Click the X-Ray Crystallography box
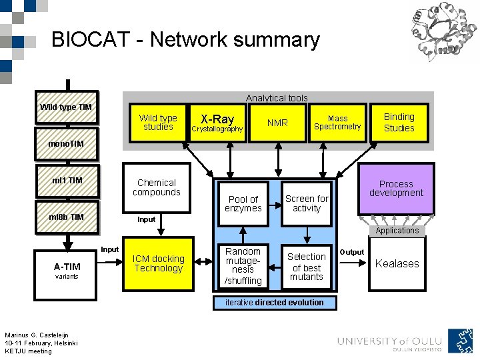217,123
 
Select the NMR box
277,123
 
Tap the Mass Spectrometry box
337,123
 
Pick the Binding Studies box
399,123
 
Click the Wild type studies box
158,123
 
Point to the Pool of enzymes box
243,203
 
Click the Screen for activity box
307,203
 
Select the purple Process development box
396,189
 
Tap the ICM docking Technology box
158,263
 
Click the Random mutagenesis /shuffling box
243,266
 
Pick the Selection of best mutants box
307,266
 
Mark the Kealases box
397,263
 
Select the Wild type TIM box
66,107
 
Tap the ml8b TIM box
67,217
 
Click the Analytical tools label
277,98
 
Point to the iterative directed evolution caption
274,303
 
